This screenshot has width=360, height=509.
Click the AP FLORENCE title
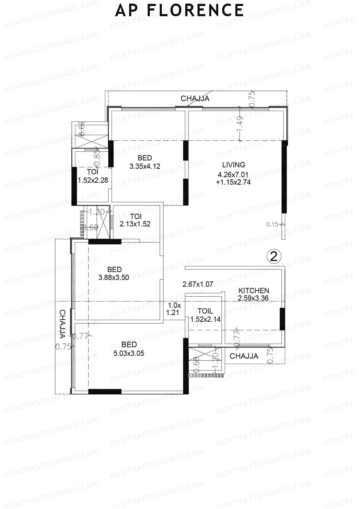click(x=179, y=10)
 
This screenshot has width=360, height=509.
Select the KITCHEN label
click(x=253, y=290)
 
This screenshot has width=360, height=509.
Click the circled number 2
click(x=274, y=256)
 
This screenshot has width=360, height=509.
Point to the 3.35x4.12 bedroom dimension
click(x=145, y=166)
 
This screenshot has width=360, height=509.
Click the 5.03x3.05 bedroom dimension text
click(x=129, y=353)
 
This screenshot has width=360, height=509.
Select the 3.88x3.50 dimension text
click(x=114, y=277)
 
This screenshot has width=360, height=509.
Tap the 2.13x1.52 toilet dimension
click(x=135, y=224)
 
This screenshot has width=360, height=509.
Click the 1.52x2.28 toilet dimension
click(x=93, y=180)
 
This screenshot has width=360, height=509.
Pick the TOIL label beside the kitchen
click(x=205, y=311)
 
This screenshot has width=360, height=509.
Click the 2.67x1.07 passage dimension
click(x=198, y=284)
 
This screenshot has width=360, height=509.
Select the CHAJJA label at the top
click(x=195, y=98)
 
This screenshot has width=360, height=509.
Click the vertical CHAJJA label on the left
click(x=62, y=324)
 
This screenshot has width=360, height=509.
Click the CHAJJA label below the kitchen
click(x=244, y=356)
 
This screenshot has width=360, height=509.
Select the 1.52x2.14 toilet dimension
click(x=205, y=319)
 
